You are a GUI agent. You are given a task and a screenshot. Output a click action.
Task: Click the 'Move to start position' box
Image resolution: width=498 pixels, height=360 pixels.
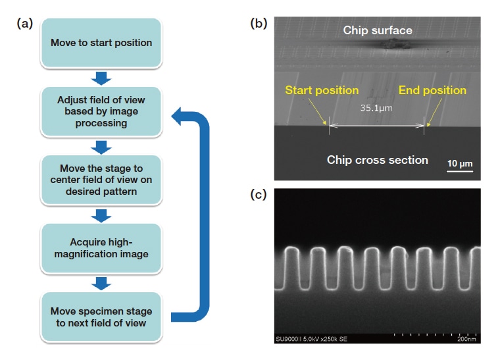101,43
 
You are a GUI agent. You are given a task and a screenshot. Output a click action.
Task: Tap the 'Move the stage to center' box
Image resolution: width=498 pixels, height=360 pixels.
101,179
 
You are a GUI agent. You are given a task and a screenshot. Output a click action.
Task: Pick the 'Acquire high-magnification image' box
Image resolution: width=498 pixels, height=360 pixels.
101,248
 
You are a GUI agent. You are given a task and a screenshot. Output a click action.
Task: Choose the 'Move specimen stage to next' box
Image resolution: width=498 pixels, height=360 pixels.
101,317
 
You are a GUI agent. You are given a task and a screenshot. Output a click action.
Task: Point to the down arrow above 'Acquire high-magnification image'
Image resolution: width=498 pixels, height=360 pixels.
101,214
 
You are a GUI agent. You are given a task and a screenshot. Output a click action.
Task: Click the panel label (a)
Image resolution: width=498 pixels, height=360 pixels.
25,23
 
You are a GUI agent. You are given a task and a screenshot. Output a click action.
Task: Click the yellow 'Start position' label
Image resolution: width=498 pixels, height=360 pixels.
322,90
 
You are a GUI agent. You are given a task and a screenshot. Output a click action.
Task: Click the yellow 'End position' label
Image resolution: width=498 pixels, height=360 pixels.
432,90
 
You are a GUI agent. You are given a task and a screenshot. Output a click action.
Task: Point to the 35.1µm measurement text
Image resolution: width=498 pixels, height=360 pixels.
376,108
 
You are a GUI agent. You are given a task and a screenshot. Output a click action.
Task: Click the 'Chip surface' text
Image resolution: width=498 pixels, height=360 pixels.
378,30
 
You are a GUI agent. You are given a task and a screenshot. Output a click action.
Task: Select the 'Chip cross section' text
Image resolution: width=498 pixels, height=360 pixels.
378,159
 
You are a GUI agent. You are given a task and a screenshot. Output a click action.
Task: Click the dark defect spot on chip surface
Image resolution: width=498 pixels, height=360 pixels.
394,45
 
